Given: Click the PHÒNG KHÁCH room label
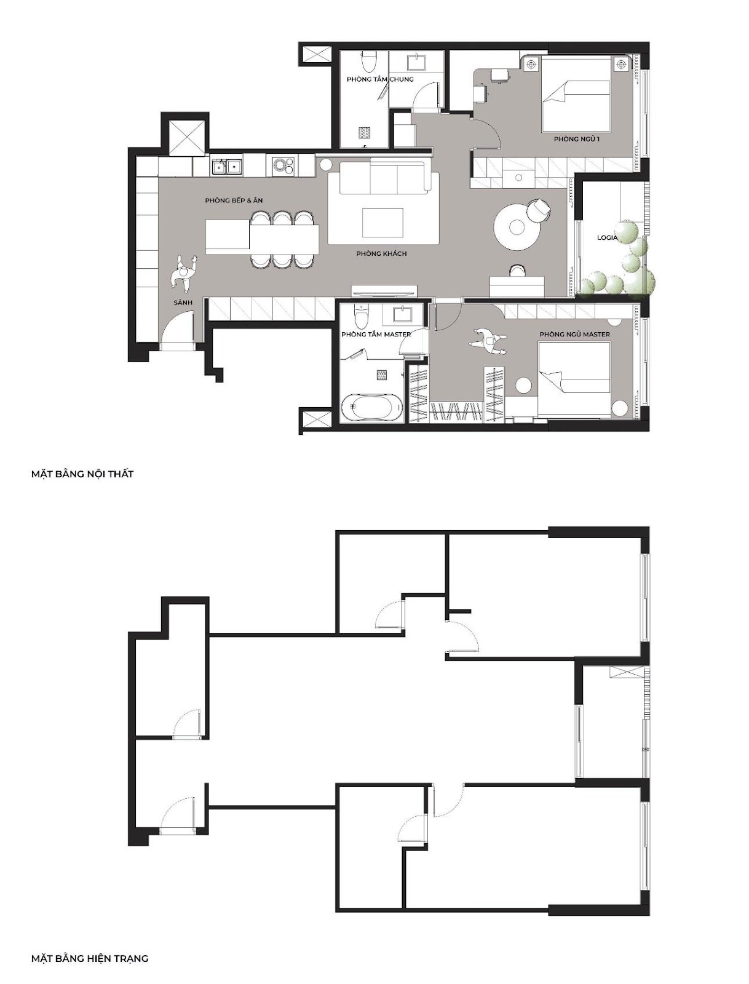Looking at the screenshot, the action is click(x=381, y=254).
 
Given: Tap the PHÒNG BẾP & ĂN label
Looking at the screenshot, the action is click(x=234, y=200).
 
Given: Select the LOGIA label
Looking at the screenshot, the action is click(x=607, y=237).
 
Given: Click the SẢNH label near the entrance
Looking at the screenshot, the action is click(x=183, y=303).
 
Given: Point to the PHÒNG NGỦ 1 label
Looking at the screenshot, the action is click(x=576, y=140).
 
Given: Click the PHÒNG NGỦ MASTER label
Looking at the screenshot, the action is click(x=574, y=335).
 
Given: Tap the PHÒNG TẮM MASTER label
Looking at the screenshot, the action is click(x=376, y=335).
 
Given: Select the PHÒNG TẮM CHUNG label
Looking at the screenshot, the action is click(x=379, y=79).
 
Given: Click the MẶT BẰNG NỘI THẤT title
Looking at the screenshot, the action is click(x=82, y=474).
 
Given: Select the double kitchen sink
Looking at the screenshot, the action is click(x=226, y=167).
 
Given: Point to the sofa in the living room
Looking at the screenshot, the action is click(x=384, y=178).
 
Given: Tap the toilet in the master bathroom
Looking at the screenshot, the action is click(x=361, y=315).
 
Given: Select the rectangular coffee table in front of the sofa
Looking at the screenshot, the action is click(x=382, y=222).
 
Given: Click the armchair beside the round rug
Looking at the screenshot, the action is click(x=538, y=209).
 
